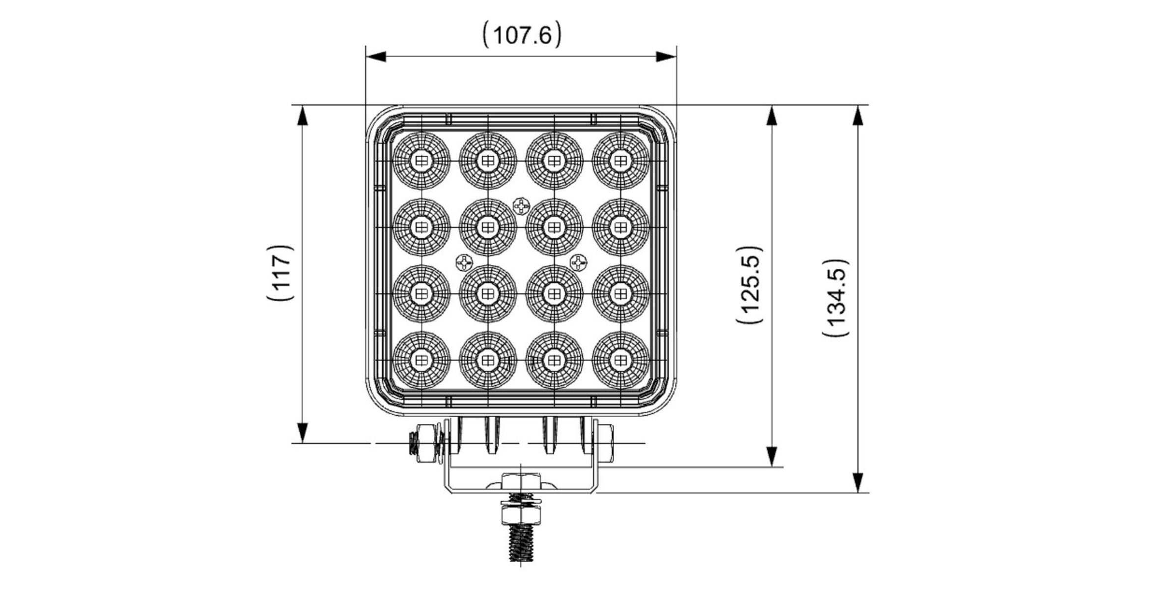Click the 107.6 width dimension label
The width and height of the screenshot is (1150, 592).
coord(521,35)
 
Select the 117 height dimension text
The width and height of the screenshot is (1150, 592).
coord(282,273)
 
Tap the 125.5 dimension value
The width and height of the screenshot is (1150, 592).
coord(751,285)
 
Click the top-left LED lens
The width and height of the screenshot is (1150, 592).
coord(421,161)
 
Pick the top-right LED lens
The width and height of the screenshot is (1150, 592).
coord(620,161)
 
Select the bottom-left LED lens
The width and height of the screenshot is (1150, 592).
coord(421,360)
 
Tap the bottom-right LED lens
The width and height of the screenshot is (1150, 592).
coord(620,360)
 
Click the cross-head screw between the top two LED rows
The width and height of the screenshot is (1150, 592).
coord(521,205)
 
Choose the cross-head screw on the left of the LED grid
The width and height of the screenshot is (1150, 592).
coord(464,263)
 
